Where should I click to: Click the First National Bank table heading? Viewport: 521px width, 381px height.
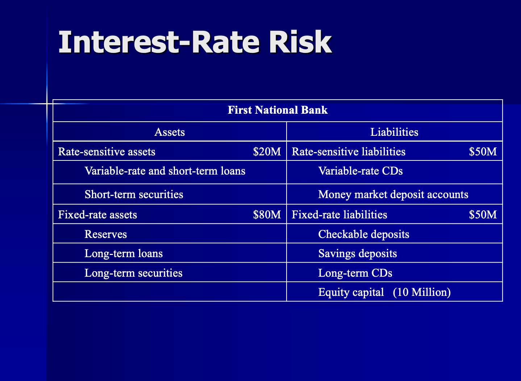tap(278, 110)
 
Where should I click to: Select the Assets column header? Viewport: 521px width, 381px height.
tap(170, 132)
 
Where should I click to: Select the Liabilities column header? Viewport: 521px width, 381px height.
tap(394, 132)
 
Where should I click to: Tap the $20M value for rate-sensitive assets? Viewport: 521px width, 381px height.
tap(267, 151)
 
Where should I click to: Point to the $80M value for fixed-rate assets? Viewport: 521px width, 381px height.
tap(267, 215)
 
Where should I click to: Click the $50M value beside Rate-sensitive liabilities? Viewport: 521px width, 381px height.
tap(483, 151)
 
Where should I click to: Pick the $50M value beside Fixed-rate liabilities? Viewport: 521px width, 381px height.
tap(483, 215)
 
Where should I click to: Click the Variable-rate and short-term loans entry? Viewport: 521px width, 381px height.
tap(165, 171)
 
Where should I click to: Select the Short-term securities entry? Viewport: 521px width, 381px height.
tap(134, 194)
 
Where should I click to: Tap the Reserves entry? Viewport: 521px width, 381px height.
tap(106, 234)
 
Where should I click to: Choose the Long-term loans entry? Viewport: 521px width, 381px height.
tap(124, 253)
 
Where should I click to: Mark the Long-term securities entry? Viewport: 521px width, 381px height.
tap(133, 273)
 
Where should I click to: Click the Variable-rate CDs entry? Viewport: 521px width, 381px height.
tap(360, 171)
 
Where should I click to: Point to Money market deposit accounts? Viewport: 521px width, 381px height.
tap(393, 194)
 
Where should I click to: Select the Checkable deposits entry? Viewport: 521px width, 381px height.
tap(364, 234)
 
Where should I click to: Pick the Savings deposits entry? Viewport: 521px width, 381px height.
tap(358, 253)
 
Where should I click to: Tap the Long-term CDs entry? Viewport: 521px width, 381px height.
tap(355, 273)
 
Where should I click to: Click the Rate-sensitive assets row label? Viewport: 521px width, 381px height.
tap(107, 151)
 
